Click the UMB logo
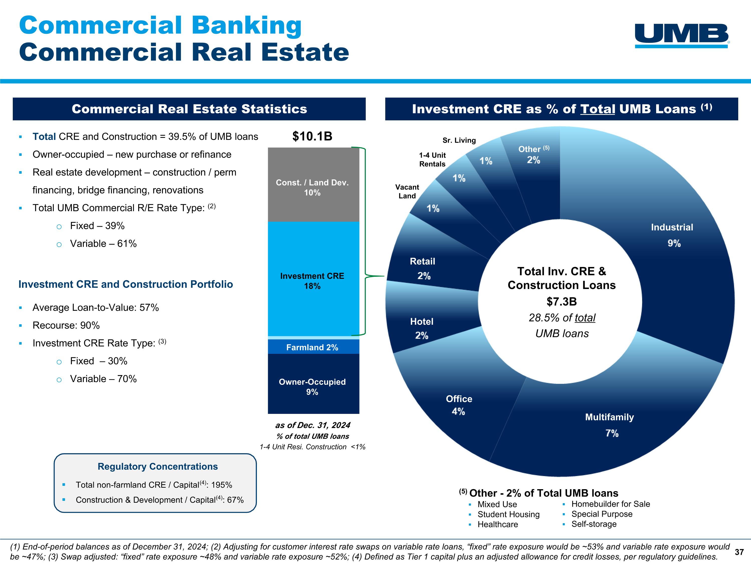point(682,35)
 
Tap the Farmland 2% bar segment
point(312,347)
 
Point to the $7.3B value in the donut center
point(561,301)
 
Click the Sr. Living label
point(459,140)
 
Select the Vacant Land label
point(407,191)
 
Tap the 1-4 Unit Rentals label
point(432,159)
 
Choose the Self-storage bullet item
point(594,524)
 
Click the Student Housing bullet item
point(508,514)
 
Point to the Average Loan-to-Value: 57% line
point(95,308)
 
